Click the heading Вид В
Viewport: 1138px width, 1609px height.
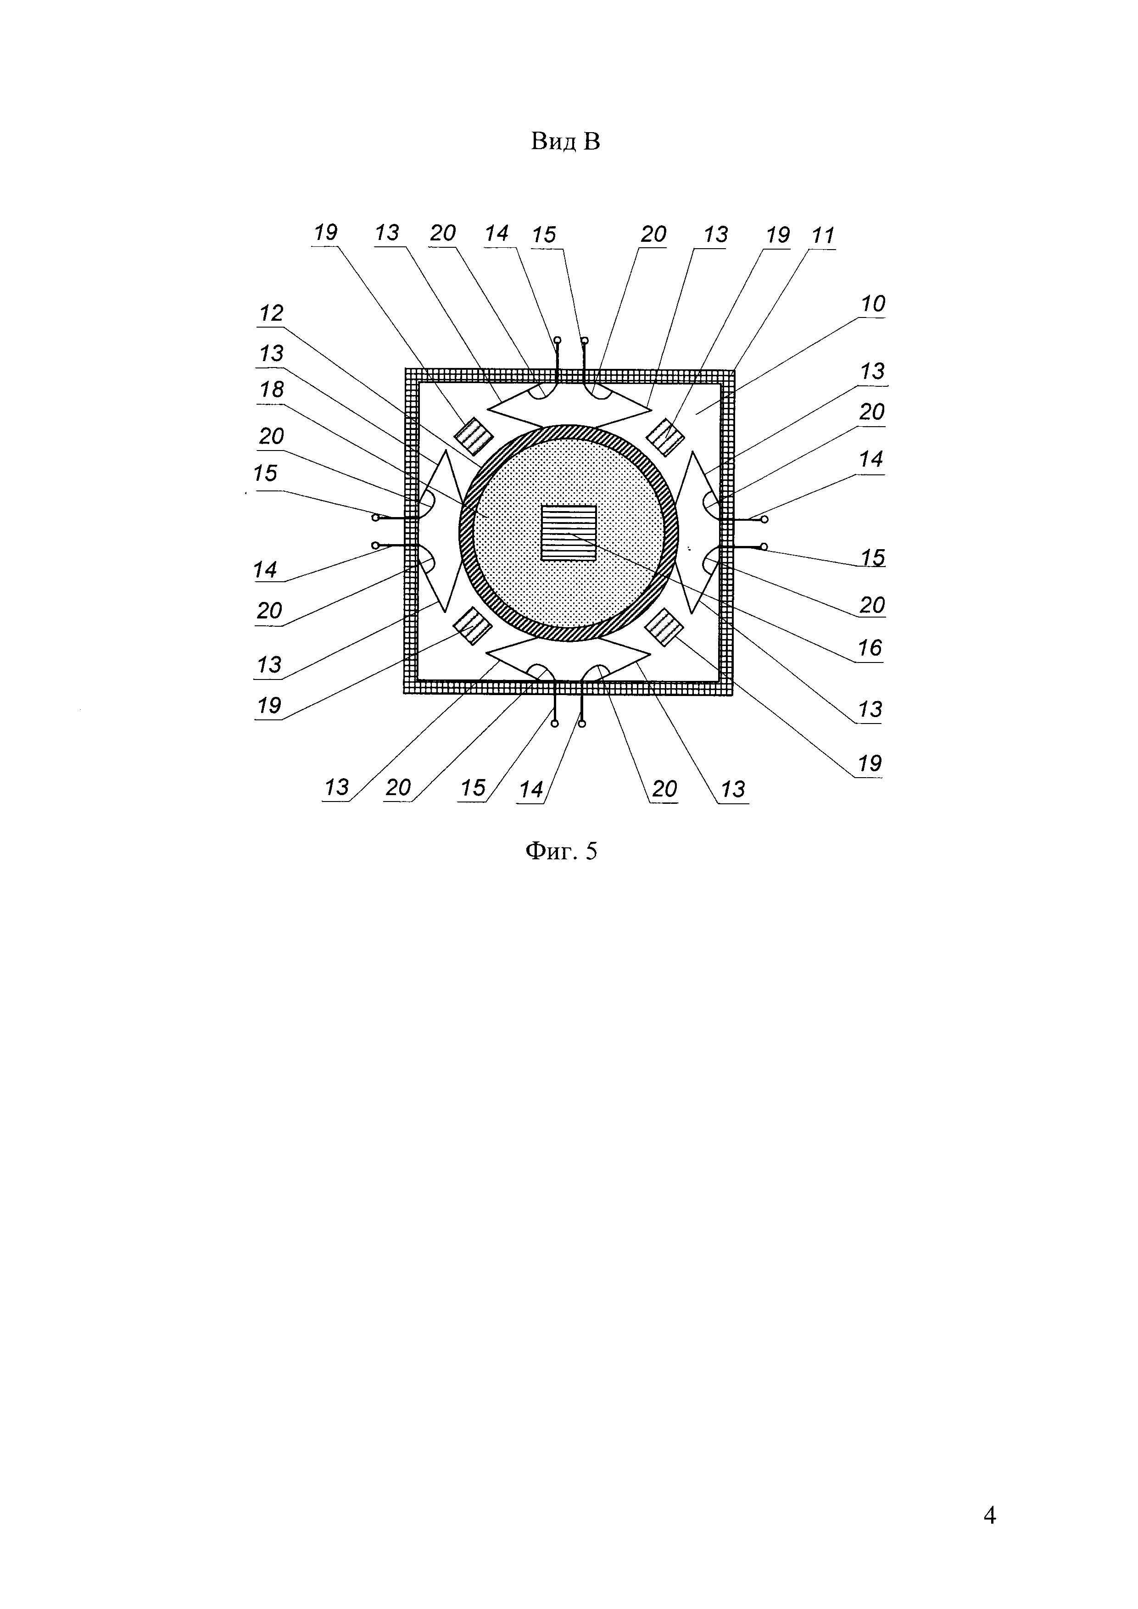(565, 142)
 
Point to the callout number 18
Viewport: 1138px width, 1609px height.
(272, 390)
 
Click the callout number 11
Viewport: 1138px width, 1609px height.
(823, 235)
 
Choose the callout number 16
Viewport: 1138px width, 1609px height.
(870, 648)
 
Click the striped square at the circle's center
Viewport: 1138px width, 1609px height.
(568, 533)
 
